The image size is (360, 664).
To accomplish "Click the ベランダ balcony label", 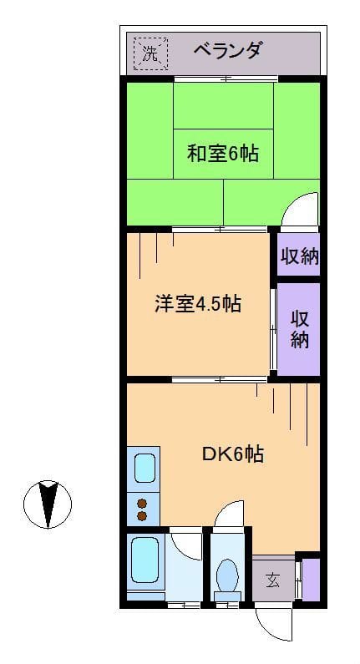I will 227,51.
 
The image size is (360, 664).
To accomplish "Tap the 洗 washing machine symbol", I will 150,53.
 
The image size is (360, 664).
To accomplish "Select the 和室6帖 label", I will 221,154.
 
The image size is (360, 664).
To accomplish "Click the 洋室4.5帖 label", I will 198,303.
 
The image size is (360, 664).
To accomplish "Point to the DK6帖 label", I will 233,454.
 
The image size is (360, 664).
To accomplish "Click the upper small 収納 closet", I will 299,256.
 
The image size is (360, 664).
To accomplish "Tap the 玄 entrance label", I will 272,579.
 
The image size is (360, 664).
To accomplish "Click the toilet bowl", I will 226,575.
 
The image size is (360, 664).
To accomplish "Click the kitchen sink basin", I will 145,469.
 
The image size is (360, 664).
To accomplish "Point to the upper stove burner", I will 142,503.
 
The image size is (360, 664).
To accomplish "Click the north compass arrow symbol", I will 48,504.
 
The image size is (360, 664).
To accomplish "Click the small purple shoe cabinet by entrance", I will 310,579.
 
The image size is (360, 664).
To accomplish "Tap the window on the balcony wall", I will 226,79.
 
